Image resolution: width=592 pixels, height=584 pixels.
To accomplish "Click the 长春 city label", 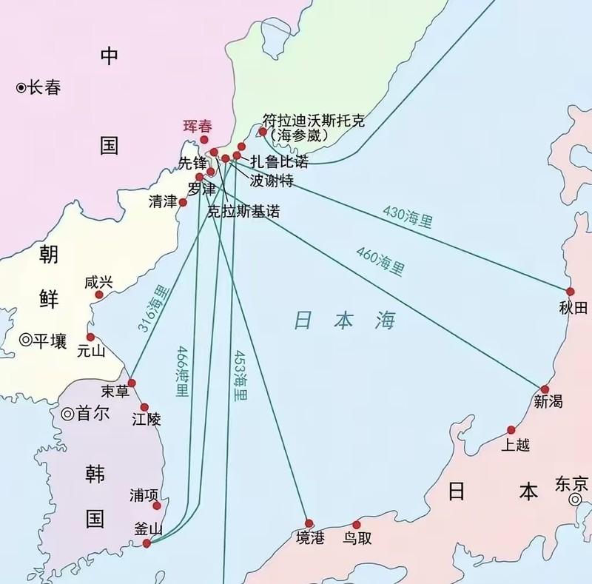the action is [44, 88].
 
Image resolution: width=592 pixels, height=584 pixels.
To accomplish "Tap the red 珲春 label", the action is [197, 127].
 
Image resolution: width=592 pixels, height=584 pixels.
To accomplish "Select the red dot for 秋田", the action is [570, 292].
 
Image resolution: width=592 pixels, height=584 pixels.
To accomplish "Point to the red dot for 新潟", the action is [545, 389].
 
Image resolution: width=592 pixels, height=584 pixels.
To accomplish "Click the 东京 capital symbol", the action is [575, 500].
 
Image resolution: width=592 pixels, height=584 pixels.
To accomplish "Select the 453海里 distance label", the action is [240, 375].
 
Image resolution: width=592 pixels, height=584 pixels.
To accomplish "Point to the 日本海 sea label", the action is [345, 320].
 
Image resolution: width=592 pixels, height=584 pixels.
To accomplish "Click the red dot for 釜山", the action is [147, 543].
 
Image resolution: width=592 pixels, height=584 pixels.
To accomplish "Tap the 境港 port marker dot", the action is [309, 523].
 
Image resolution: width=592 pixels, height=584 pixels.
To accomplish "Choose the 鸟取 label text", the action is [357, 539].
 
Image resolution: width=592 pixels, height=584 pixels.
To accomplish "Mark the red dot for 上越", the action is [511, 429].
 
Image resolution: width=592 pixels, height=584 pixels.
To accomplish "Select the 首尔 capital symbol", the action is [67, 414].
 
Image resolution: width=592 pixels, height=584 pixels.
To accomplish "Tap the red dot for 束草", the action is [132, 382].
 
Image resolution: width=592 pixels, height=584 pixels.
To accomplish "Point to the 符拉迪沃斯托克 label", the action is [314, 121].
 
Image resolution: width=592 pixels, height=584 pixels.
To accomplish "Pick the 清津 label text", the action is [163, 202].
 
